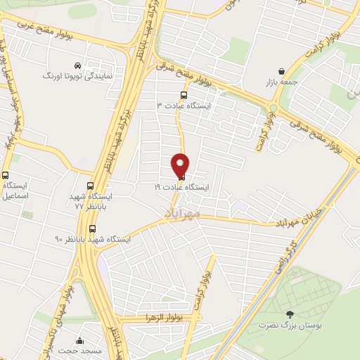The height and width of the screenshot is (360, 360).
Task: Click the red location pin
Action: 181,165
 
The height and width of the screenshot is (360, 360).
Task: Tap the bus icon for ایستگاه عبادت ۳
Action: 184,95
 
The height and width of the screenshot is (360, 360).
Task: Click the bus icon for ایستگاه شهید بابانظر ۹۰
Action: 93,229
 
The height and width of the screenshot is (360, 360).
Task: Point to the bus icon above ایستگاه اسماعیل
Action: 6,175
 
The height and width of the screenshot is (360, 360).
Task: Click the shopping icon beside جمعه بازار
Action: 282,72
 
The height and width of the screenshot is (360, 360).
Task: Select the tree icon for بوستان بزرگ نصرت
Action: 290,314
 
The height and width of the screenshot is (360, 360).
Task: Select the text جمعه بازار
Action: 281,82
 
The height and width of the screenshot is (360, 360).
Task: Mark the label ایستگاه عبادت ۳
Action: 188,105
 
